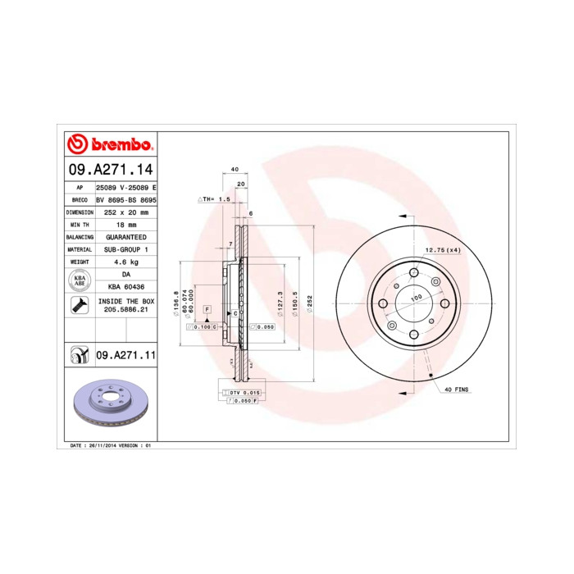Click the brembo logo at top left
109,145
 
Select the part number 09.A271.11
125,355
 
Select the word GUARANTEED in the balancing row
125,236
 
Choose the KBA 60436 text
125,287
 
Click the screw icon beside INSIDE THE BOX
80,307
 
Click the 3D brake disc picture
109,405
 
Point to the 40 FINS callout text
456,390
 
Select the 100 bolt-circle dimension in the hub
416,298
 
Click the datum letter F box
207,310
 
